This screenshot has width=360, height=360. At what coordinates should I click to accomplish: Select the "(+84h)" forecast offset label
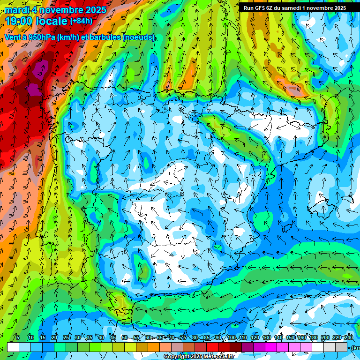(82, 21)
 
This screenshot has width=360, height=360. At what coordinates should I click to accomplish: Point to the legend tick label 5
(18, 337)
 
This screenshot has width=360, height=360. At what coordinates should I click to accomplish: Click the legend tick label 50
(124, 337)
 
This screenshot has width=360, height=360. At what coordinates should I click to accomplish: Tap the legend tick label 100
(231, 337)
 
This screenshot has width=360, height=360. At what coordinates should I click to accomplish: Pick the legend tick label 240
(349, 337)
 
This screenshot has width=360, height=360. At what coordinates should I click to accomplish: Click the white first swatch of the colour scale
(13, 347)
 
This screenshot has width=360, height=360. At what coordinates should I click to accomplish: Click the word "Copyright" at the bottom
(177, 357)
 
